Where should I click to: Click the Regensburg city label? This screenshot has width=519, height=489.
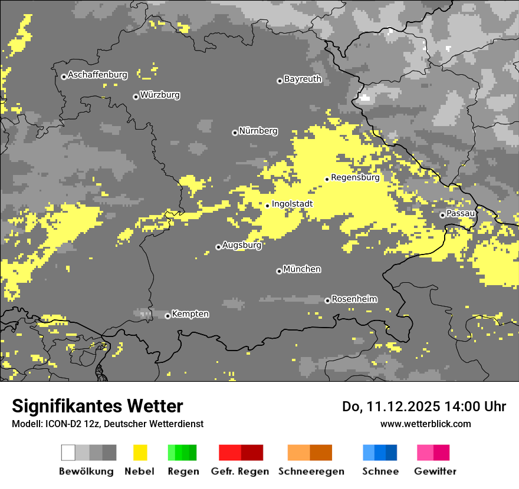355,177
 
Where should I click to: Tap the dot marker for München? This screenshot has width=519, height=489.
279,271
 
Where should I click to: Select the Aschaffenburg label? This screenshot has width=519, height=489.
97,75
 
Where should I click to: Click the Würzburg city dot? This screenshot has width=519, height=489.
136,97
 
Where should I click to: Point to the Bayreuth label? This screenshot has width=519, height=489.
303,79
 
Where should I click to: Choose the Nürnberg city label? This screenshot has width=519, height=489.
258,131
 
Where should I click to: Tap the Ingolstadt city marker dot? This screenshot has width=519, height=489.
267,206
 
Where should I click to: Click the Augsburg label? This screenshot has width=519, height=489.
241,245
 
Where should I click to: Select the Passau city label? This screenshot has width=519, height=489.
461,213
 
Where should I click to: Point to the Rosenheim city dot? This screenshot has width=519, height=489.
327,300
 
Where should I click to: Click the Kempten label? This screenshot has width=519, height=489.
190,314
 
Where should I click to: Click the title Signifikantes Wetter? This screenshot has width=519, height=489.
97,407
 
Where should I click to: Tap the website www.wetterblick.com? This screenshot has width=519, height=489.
425,424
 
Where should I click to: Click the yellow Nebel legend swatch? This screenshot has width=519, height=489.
140,452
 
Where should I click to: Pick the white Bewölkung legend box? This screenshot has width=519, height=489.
68,452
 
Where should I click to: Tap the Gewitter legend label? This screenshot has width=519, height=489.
435,471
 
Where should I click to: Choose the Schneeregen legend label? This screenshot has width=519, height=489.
311,471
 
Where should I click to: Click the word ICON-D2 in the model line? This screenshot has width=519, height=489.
61,424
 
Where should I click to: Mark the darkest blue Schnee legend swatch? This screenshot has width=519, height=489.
392,452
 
